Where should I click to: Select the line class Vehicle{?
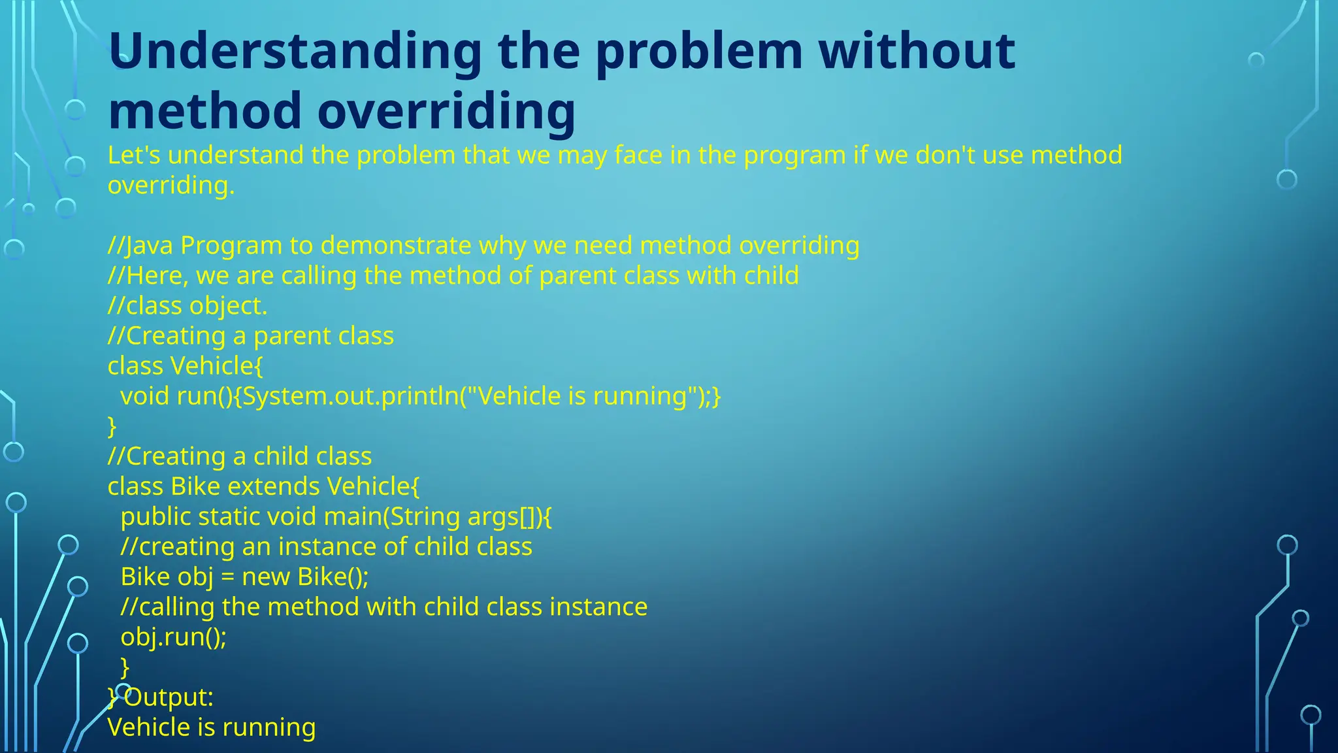(x=186, y=366)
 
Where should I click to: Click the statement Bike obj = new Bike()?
(x=245, y=577)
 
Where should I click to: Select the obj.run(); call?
(x=174, y=637)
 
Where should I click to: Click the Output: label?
(x=169, y=697)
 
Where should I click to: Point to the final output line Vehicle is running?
(x=212, y=727)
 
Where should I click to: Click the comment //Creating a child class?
(x=240, y=456)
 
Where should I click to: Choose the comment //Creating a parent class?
(x=251, y=336)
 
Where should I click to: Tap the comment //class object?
(x=188, y=306)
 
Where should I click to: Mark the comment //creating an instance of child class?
(x=327, y=546)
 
